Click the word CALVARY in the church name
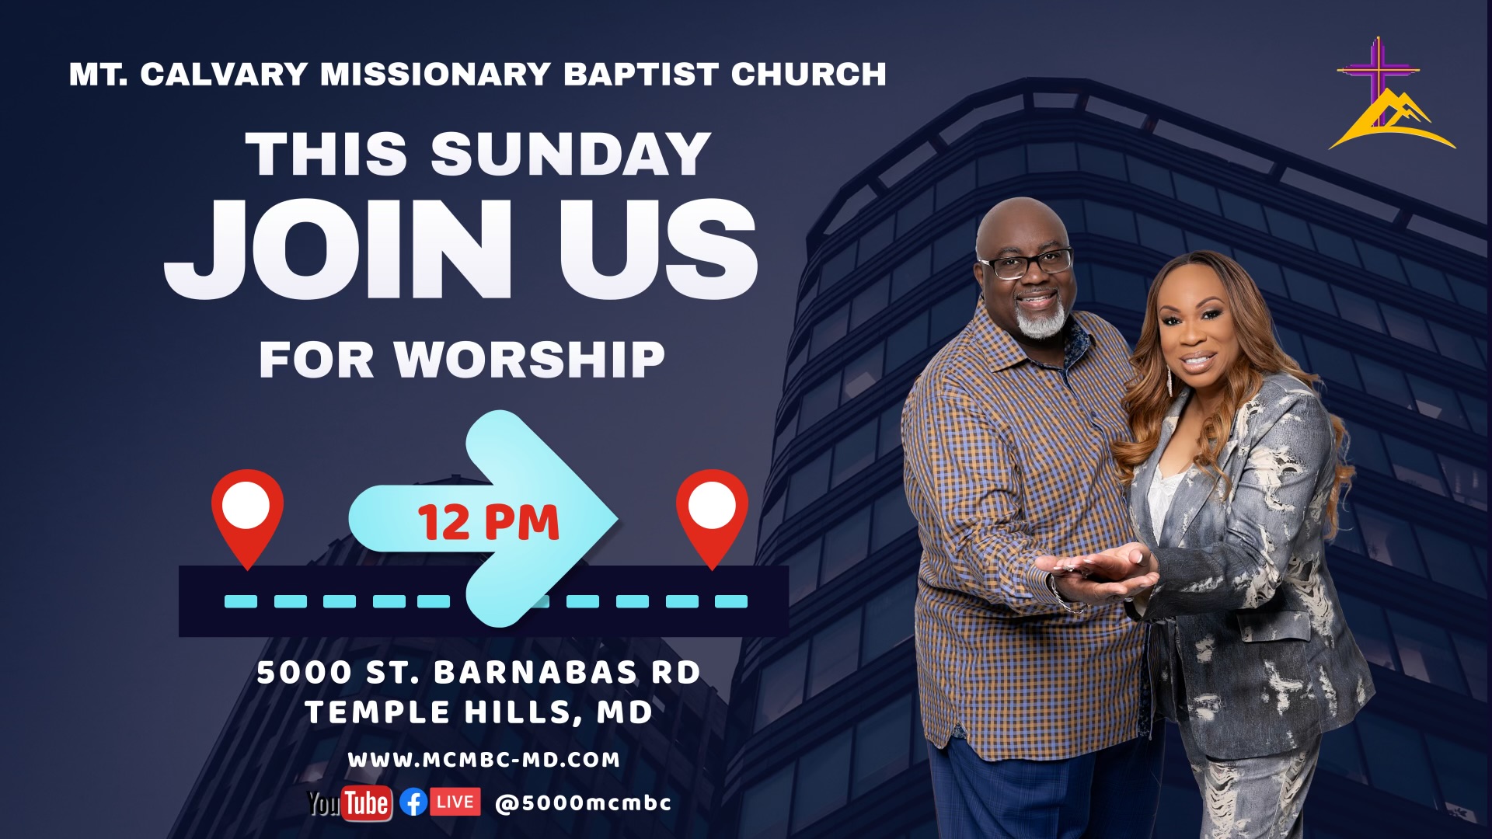pos(224,75)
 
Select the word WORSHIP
pos(529,360)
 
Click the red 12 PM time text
pos(489,522)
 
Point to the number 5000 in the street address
pos(304,673)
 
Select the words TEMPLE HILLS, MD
pos(479,712)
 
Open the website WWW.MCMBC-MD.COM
pos(484,760)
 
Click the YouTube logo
pos(350,803)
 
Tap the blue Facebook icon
pos(413,802)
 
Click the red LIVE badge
pos(455,802)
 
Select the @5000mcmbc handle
pos(583,802)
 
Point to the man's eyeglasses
pos(1026,263)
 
